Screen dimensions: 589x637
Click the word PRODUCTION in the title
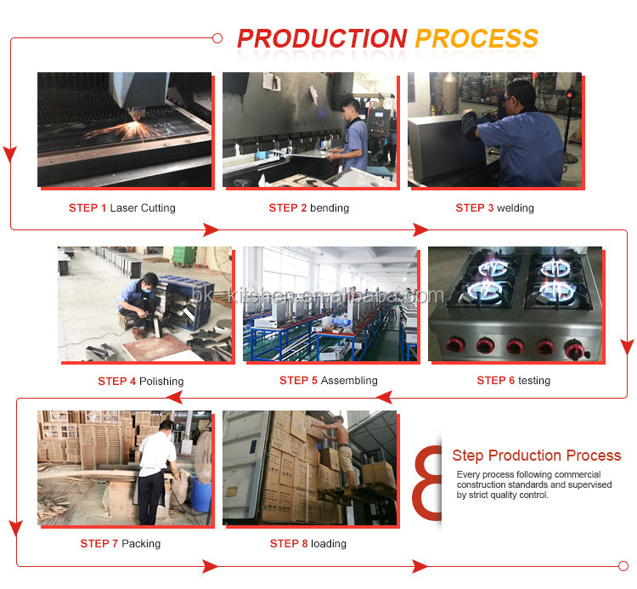click(321, 39)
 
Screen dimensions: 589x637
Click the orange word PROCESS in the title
click(476, 39)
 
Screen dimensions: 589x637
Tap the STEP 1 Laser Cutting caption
click(122, 208)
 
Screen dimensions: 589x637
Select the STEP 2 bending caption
click(308, 208)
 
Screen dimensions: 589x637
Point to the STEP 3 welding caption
click(494, 208)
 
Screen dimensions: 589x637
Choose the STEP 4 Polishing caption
click(140, 382)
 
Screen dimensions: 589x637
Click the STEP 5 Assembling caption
click(328, 381)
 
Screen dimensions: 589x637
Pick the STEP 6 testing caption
click(513, 381)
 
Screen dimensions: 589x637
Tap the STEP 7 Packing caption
click(120, 544)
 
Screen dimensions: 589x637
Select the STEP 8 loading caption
click(307, 544)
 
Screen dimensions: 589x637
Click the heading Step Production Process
click(536, 456)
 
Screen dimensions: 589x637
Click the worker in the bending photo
click(352, 136)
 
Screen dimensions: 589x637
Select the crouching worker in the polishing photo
click(137, 302)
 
